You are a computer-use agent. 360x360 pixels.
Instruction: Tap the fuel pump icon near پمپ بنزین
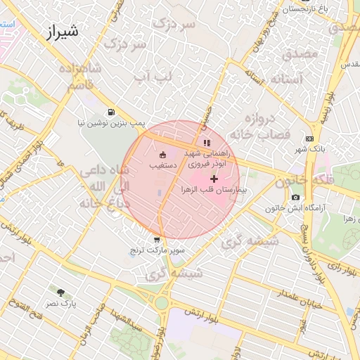110,112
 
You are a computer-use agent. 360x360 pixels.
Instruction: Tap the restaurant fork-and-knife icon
206,143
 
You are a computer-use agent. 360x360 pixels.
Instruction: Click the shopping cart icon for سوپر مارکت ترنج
156,240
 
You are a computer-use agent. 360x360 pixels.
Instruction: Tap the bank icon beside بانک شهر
310,139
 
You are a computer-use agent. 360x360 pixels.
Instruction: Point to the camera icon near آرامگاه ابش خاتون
295,198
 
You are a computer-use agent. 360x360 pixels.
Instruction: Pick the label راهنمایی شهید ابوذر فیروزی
204,157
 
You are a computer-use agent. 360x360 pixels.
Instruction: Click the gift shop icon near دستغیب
163,155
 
